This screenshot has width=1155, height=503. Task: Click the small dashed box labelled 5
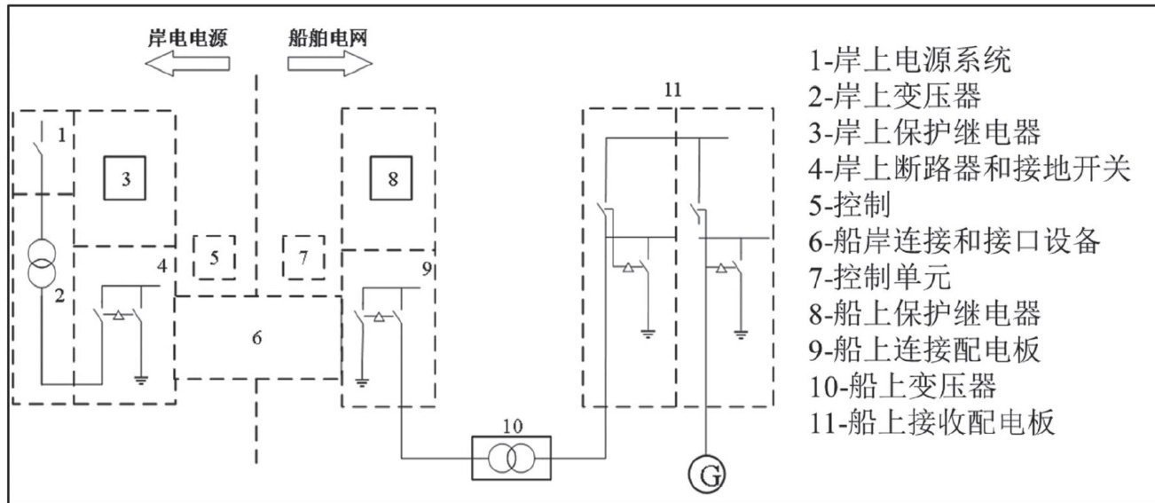coord(214,257)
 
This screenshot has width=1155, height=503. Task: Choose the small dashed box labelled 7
coord(302,257)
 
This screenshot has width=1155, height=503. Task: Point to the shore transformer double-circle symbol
coord(38,263)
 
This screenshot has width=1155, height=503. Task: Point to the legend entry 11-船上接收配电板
coord(931,422)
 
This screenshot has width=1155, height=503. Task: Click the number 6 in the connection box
coord(257,337)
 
